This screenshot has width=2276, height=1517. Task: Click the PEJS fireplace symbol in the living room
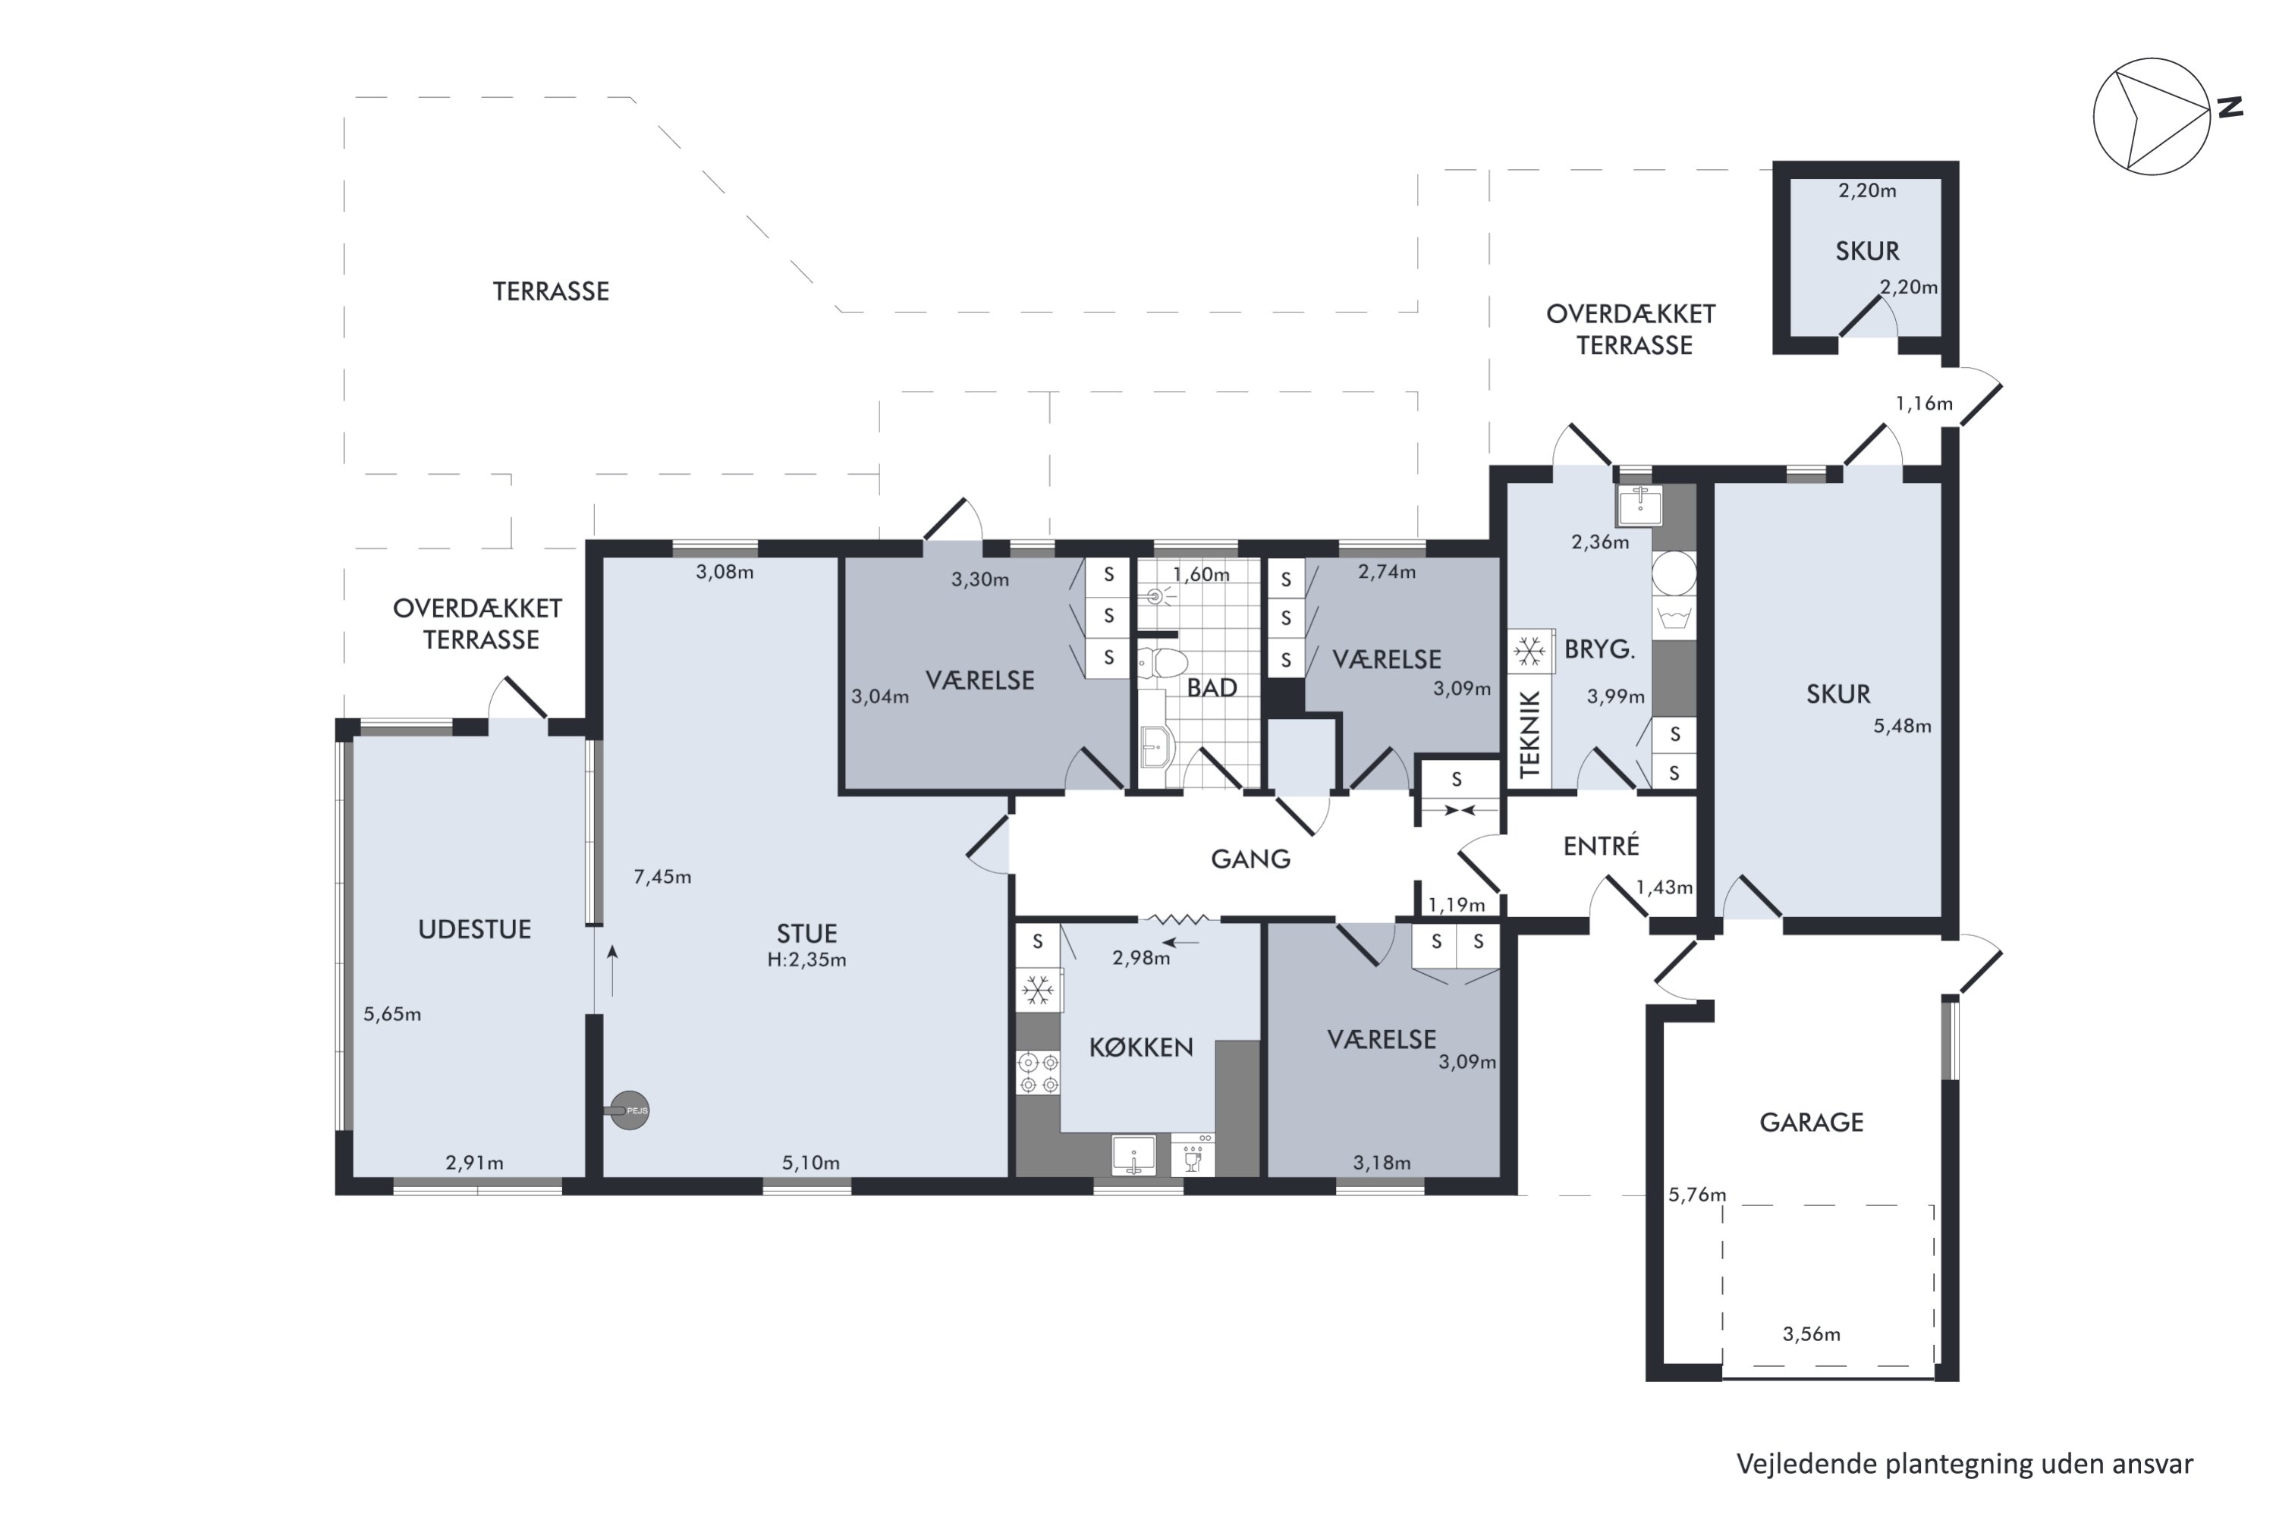[629, 1110]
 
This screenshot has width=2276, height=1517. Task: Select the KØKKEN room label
[1141, 1047]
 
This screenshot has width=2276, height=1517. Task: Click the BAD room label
[1212, 688]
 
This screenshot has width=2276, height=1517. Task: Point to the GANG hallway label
[1250, 859]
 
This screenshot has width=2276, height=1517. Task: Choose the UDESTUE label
[474, 930]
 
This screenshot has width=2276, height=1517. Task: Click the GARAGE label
[1810, 1123]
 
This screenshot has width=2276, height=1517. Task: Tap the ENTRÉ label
[1601, 846]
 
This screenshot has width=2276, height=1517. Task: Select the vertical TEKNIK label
[1529, 734]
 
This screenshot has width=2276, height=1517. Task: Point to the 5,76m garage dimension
[1696, 1195]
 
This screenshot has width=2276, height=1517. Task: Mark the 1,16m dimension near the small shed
[1924, 404]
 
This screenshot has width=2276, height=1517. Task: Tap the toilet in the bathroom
[1164, 664]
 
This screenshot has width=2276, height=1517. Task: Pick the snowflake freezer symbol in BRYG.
[1529, 651]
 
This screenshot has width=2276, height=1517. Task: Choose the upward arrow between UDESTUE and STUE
[611, 970]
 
